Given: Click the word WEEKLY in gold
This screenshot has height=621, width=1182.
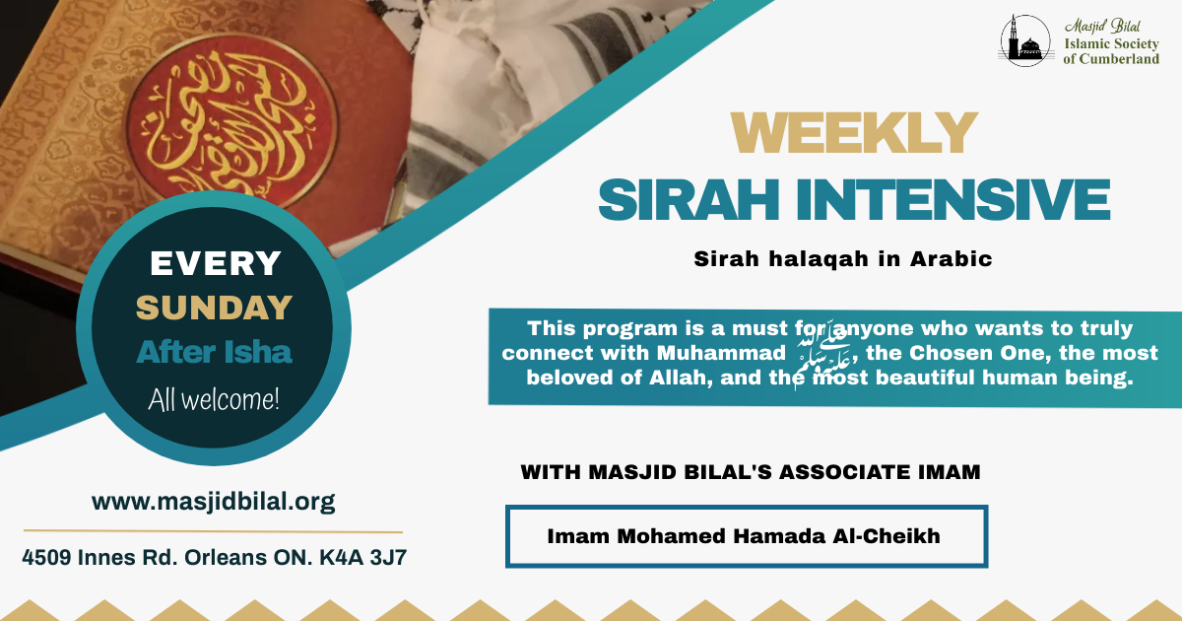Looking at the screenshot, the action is click(854, 132).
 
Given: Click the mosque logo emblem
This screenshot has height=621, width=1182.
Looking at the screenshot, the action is click(1025, 40).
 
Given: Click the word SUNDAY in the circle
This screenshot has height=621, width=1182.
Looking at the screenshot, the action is click(215, 308).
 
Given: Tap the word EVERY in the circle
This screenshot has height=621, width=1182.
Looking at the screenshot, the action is click(216, 263).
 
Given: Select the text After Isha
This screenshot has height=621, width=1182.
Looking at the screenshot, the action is click(215, 352).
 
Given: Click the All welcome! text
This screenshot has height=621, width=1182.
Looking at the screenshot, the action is click(214, 400).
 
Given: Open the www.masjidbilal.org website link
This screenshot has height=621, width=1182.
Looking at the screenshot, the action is click(213, 501).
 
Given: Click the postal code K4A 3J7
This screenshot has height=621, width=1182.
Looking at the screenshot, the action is click(362, 558).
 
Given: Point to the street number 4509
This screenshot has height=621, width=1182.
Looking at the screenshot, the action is click(46, 558).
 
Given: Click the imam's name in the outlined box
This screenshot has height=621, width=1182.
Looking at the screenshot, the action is click(744, 536).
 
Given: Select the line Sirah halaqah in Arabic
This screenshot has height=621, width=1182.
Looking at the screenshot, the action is click(843, 258).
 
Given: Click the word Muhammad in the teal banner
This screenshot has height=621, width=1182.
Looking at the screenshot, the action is click(721, 353).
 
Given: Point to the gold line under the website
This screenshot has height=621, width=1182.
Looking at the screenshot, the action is click(213, 531).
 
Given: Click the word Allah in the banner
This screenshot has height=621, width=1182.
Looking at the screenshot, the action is click(679, 378).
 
